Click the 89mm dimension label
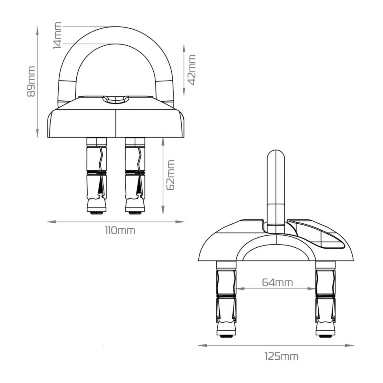(x=31, y=81)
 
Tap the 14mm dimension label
(x=57, y=35)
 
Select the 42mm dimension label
(x=191, y=70)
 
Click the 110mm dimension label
(x=120, y=230)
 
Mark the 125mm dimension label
(x=281, y=356)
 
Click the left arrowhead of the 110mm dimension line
(x=50, y=222)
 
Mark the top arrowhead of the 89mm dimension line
(x=38, y=29)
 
